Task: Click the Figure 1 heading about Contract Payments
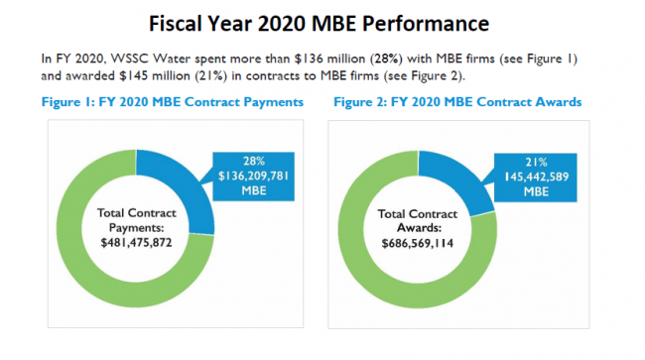[171, 102]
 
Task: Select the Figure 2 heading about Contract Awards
[457, 102]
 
